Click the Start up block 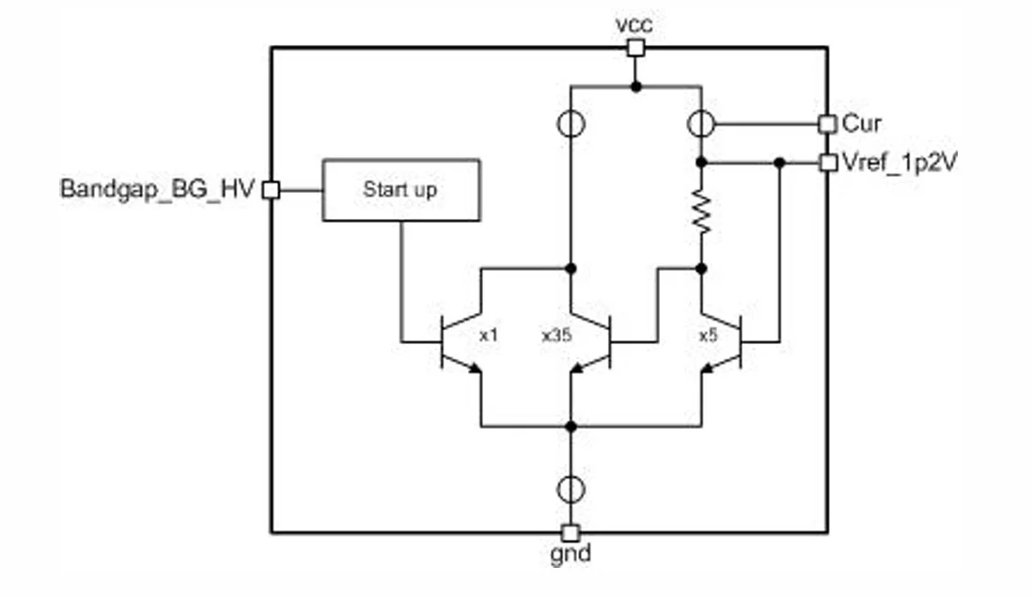click(400, 190)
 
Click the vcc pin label click(634, 25)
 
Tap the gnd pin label click(571, 555)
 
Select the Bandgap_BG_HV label click(157, 189)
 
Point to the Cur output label click(862, 123)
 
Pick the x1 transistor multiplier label click(489, 335)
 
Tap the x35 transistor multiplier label click(556, 335)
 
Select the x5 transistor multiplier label click(709, 335)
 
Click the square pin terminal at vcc click(635, 48)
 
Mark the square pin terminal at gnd click(571, 532)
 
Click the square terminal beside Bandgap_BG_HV click(271, 190)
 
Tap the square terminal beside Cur click(827, 123)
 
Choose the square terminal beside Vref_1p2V click(827, 163)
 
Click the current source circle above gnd click(571, 489)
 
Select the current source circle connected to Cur click(700, 123)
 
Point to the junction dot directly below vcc click(635, 86)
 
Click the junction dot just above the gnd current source click(571, 426)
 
